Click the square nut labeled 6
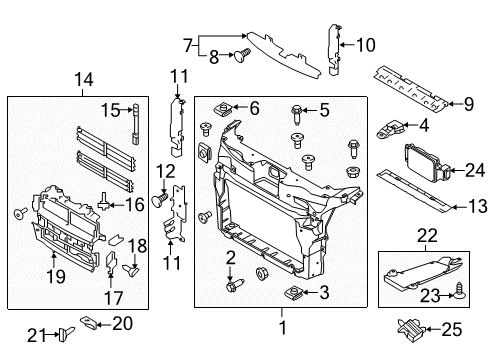(x=226, y=108)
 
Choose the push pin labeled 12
(x=158, y=201)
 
